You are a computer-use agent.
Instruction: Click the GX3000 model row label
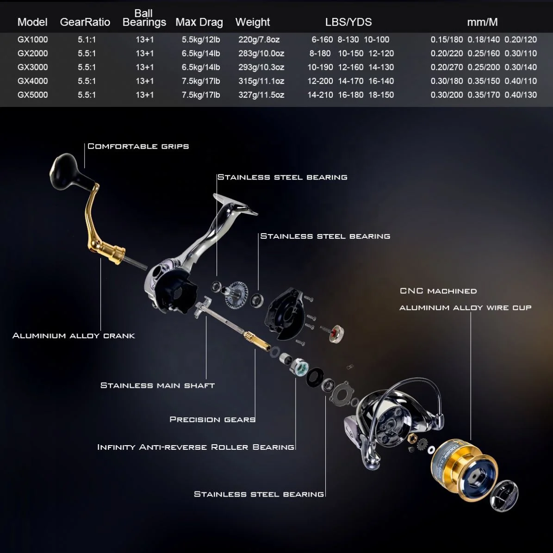(32, 67)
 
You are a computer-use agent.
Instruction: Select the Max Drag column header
(199, 22)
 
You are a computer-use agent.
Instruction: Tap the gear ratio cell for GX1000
(87, 40)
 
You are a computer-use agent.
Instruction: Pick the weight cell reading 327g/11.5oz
(261, 95)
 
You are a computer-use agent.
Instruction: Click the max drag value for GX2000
(200, 54)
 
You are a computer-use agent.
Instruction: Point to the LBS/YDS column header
(348, 22)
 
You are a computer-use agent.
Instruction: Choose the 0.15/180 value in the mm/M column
(447, 40)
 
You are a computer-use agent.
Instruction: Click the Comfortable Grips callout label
(138, 146)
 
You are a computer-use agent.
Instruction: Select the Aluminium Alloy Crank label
(74, 336)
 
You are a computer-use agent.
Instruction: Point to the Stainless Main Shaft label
(157, 385)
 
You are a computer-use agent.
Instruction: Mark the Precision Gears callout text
(212, 420)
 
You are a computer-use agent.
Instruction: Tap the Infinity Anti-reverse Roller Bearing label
(195, 447)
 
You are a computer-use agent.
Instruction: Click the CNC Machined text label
(438, 291)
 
